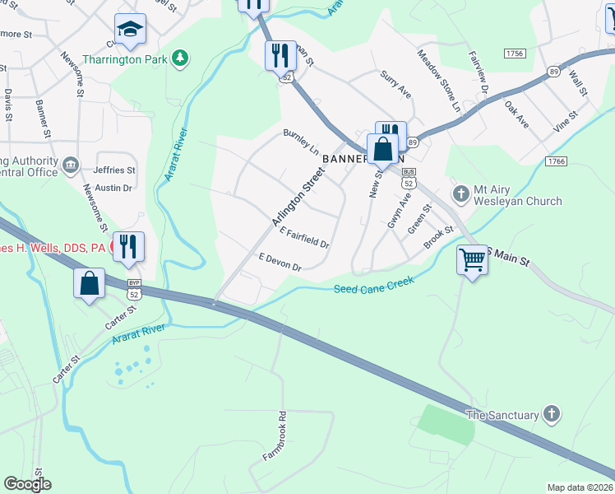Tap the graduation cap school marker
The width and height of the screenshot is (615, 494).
pyautogui.click(x=130, y=30)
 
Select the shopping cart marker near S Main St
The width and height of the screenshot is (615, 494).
pyautogui.click(x=472, y=260)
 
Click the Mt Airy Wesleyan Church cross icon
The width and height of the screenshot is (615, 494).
pyautogui.click(x=461, y=193)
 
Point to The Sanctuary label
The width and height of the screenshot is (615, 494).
pyautogui.click(x=502, y=415)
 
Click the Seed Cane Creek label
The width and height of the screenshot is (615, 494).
pyautogui.click(x=374, y=285)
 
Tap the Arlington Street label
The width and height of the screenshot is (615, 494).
pyautogui.click(x=297, y=195)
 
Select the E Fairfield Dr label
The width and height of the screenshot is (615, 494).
pyautogui.click(x=305, y=240)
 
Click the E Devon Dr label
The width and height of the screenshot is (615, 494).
pyautogui.click(x=280, y=262)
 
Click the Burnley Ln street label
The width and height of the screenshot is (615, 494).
pyautogui.click(x=301, y=141)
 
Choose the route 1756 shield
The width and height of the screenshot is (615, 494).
pyautogui.click(x=515, y=54)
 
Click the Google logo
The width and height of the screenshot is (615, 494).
pyautogui.click(x=27, y=484)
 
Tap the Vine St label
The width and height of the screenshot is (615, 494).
pyautogui.click(x=566, y=121)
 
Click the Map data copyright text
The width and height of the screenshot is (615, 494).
pyautogui.click(x=579, y=487)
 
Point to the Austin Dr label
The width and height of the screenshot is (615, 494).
pyautogui.click(x=114, y=188)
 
